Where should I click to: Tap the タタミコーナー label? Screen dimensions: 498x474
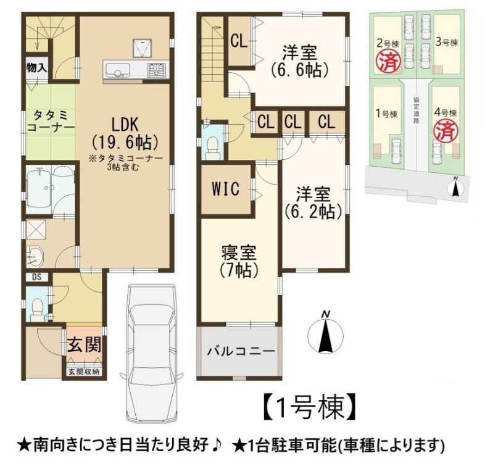(51, 122)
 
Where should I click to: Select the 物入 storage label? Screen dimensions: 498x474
(36, 68)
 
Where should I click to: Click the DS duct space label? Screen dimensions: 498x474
(37, 276)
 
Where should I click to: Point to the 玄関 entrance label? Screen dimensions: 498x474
(84, 344)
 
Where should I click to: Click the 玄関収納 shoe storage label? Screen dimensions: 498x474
(84, 371)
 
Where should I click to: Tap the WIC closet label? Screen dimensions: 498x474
(225, 189)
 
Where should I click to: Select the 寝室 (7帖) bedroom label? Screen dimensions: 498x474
(239, 262)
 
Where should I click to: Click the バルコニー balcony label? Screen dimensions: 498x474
(241, 351)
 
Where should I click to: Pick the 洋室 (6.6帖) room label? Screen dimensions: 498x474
(300, 61)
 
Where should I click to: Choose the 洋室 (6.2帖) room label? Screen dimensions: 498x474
(313, 202)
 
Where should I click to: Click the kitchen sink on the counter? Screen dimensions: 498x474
(117, 70)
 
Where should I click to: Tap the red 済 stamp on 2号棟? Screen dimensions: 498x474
(388, 62)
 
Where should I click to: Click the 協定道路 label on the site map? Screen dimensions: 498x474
(417, 110)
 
